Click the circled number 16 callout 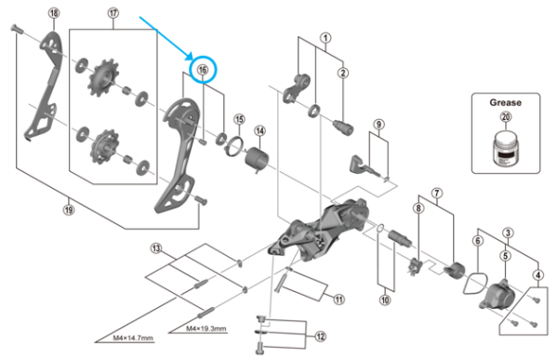coord(203,68)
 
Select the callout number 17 coord(114,13)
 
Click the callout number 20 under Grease coord(505,117)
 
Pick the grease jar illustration coord(505,149)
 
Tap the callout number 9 coord(379,124)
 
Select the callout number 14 coord(260,130)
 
